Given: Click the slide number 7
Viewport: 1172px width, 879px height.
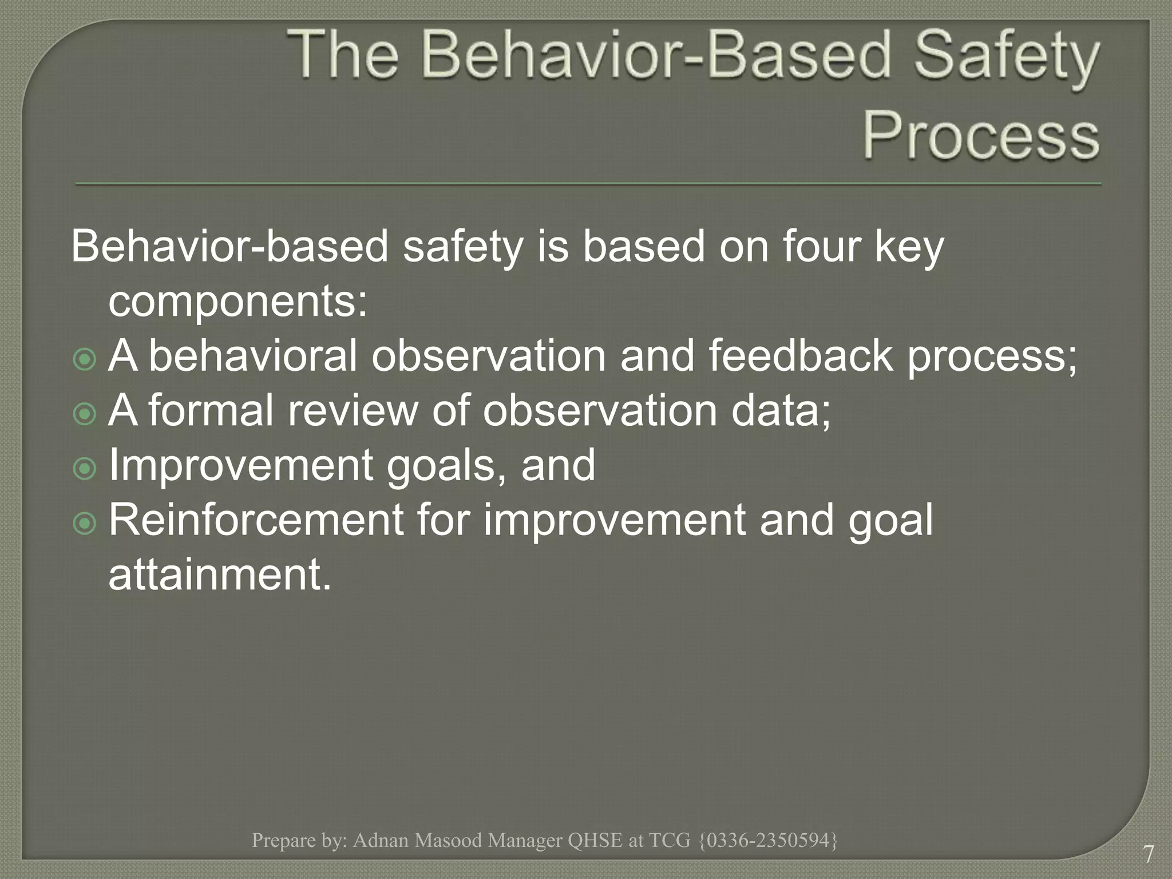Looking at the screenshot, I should point(1148,854).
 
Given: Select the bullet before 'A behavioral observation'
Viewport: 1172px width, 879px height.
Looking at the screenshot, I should point(85,360).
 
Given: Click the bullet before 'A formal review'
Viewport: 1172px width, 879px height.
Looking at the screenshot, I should point(85,414).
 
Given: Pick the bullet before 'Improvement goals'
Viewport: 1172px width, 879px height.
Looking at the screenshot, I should point(85,469).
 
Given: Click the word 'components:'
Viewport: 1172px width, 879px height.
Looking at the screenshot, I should point(237,302).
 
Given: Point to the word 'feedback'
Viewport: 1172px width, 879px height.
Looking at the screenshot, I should point(800,356).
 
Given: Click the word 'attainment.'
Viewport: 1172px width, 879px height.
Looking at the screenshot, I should point(220,575).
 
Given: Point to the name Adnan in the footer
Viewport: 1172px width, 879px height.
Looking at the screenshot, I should point(380,840).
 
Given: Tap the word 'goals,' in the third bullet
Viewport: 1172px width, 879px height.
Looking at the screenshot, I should point(446,465).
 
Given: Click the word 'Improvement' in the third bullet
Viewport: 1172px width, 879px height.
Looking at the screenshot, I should point(240,465).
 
